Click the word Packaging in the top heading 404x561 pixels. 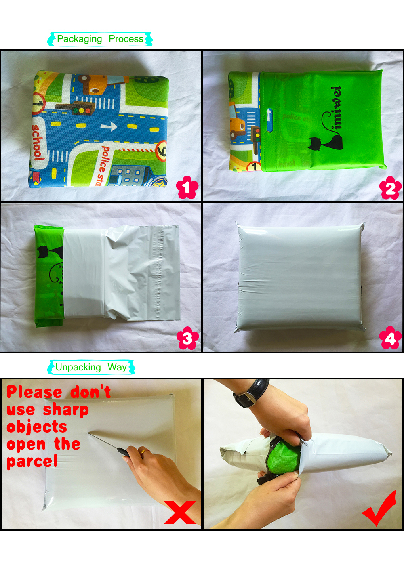(x=79, y=39)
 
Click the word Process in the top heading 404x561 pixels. (x=126, y=39)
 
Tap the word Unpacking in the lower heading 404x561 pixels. (x=78, y=368)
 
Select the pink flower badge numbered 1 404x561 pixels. (x=187, y=187)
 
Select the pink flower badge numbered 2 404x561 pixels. (x=390, y=188)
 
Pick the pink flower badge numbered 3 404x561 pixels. (x=187, y=338)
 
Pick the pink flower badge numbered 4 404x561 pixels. (x=390, y=338)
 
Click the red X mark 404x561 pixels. (x=180, y=513)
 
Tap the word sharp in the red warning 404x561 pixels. (x=66, y=410)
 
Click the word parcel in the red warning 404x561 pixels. (x=32, y=461)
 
